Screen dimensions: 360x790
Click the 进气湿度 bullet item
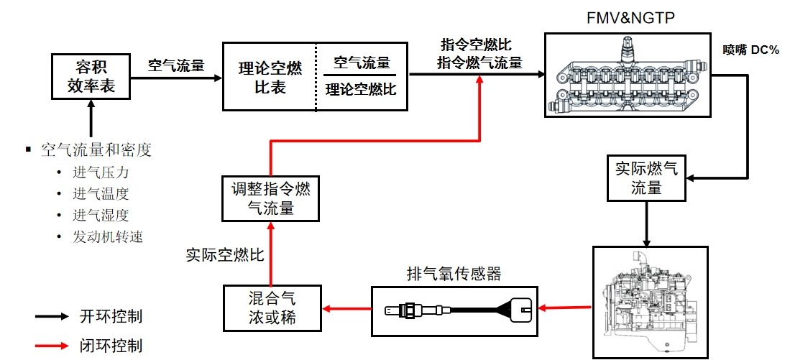click(x=101, y=215)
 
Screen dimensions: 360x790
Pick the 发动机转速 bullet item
click(x=107, y=236)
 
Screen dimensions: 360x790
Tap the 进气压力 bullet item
click(x=101, y=173)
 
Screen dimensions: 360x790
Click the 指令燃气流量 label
click(x=480, y=63)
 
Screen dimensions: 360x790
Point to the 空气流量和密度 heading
click(x=96, y=150)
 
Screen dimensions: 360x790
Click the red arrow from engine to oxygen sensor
click(x=564, y=309)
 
